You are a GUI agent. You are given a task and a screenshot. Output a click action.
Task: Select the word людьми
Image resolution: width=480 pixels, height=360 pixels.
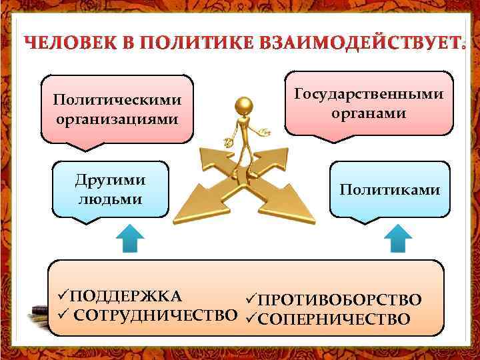[x=111, y=199]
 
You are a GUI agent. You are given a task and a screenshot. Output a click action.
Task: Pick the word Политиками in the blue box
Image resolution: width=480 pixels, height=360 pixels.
[x=389, y=190]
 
